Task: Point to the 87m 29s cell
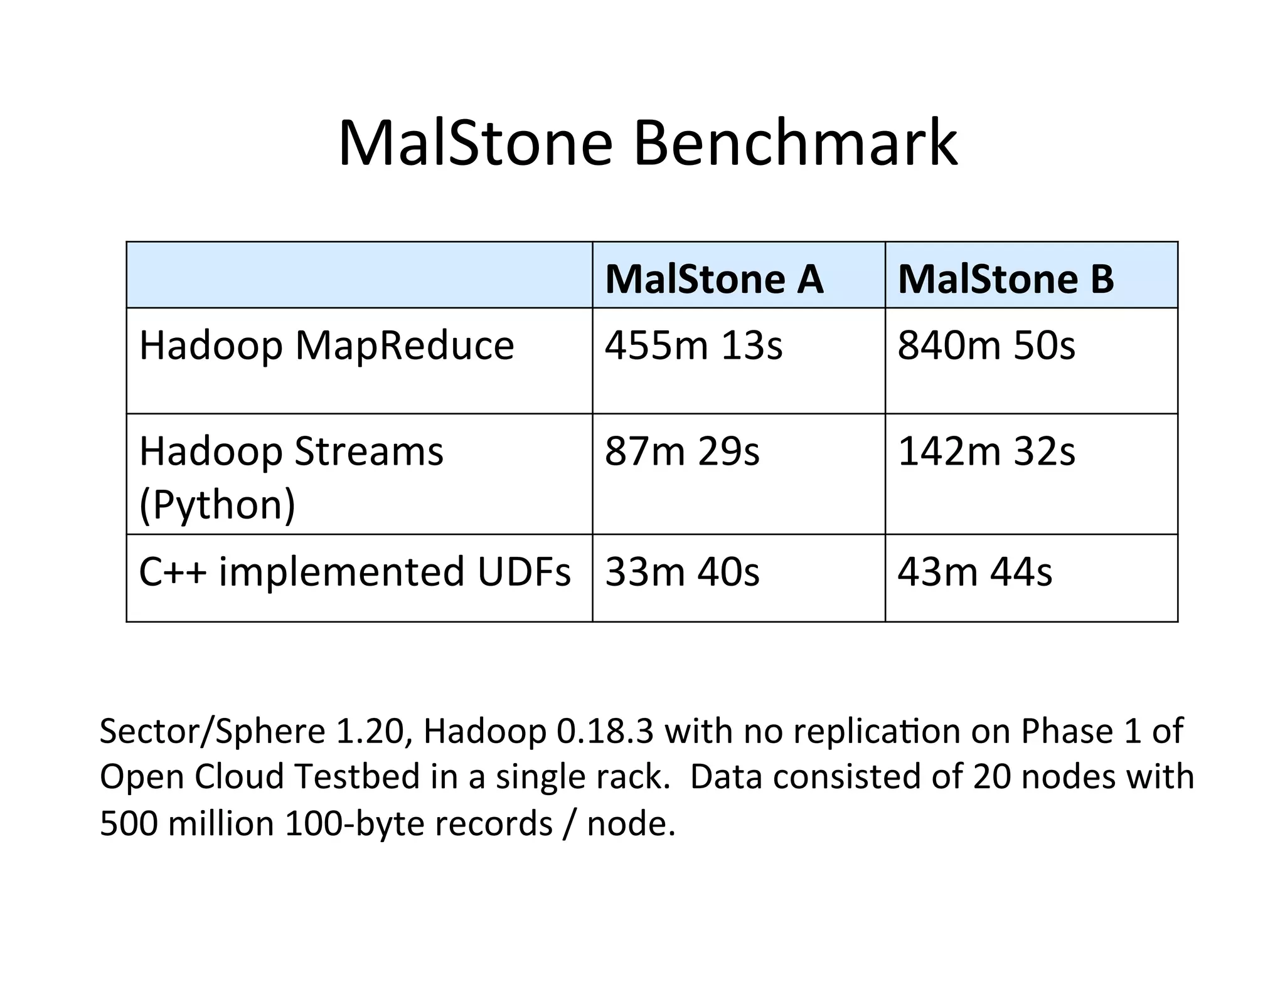[x=682, y=451]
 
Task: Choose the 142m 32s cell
[x=986, y=451]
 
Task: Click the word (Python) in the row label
[x=217, y=505]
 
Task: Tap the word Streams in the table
[x=368, y=451]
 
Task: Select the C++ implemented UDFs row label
[x=355, y=572]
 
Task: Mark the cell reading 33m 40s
[x=682, y=572]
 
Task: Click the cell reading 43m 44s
[x=974, y=572]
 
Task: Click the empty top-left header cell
[x=359, y=275]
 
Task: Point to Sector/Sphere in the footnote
[x=212, y=731]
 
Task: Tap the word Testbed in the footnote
[x=357, y=776]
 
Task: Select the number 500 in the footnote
[x=128, y=823]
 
